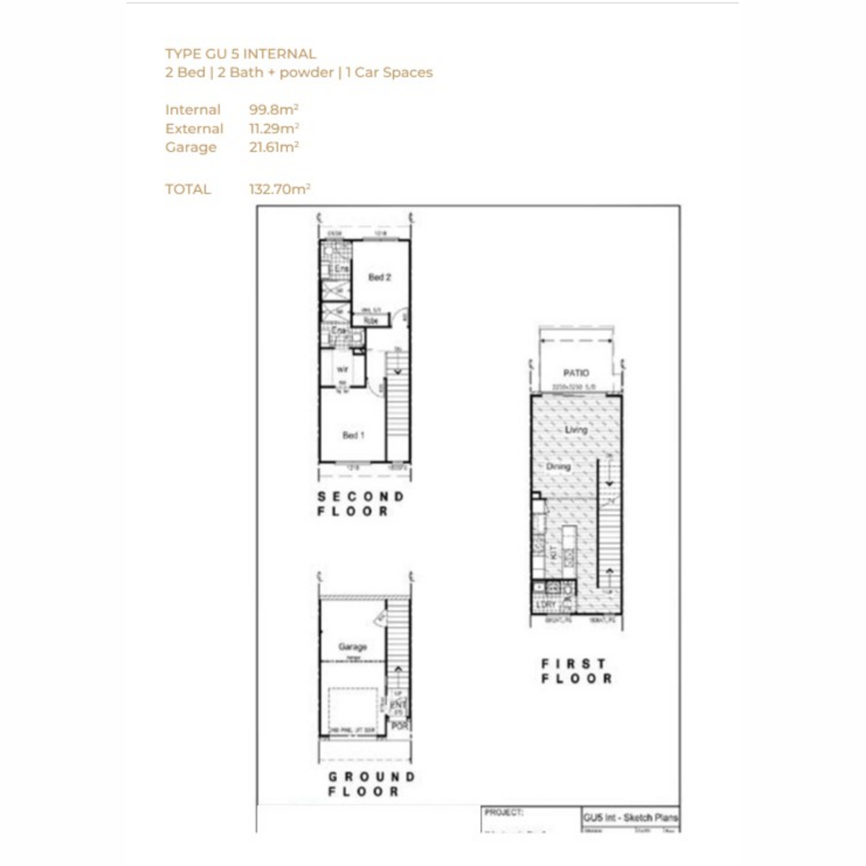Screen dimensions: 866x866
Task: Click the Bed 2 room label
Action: [x=380, y=277]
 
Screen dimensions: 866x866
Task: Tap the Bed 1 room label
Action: [x=353, y=435]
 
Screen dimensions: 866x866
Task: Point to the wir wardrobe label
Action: [x=342, y=369]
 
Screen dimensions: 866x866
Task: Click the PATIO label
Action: [x=576, y=373]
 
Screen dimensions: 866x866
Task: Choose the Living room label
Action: [x=576, y=430]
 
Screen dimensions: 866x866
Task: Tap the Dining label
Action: [x=558, y=467]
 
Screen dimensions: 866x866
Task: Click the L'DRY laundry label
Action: [x=546, y=605]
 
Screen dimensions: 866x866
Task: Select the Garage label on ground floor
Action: [x=353, y=647]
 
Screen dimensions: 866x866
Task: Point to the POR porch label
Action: [x=399, y=727]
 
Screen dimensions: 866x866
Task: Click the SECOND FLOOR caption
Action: [x=361, y=504]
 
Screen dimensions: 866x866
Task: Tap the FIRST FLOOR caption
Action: [x=577, y=671]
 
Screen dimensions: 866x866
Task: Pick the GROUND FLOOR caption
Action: [x=371, y=784]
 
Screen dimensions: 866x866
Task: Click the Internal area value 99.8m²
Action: [x=274, y=110]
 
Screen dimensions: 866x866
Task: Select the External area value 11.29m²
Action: [x=274, y=128]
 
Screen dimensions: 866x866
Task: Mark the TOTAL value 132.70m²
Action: [x=279, y=189]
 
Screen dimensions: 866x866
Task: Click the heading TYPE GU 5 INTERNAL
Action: [x=240, y=53]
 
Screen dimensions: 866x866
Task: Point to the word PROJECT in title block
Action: [x=504, y=813]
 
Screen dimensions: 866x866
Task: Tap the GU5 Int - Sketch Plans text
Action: [x=630, y=818]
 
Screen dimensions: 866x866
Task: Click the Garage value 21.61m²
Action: [x=274, y=147]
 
